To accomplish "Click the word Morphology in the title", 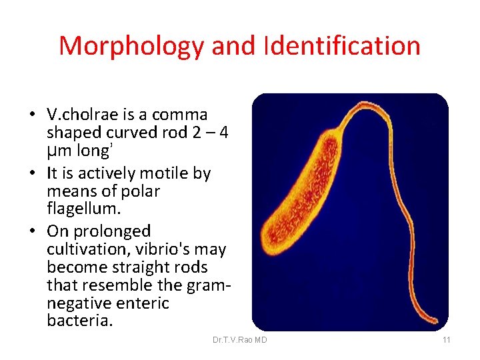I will (131, 46).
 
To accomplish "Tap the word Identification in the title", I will (342, 46).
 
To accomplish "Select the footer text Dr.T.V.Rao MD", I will (239, 340).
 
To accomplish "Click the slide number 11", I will (446, 340).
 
